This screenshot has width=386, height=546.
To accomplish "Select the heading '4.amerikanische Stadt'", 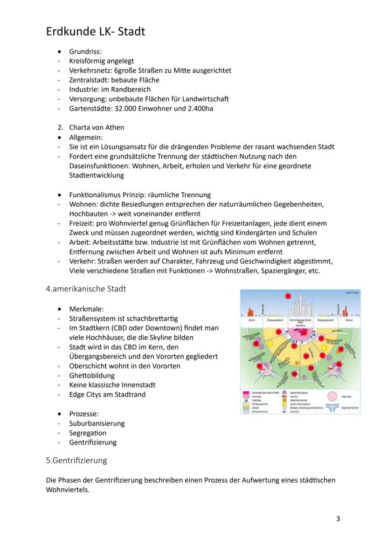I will pos(86,289).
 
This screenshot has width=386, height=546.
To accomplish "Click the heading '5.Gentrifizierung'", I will pos(76,460).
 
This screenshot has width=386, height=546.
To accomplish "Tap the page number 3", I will pos(338,518).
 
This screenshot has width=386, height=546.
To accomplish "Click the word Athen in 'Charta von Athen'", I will pos(115,127).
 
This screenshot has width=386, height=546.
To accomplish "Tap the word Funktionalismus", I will pos(97,195).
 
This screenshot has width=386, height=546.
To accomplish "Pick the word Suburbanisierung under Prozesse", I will pos(96,423).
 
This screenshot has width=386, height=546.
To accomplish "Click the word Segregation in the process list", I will pos(88,433).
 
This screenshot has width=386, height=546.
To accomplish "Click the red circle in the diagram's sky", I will pos(289,296).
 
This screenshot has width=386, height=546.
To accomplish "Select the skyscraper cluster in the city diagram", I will pos(301,307).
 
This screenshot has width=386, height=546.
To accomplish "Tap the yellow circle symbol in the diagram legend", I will pos(284,403).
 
